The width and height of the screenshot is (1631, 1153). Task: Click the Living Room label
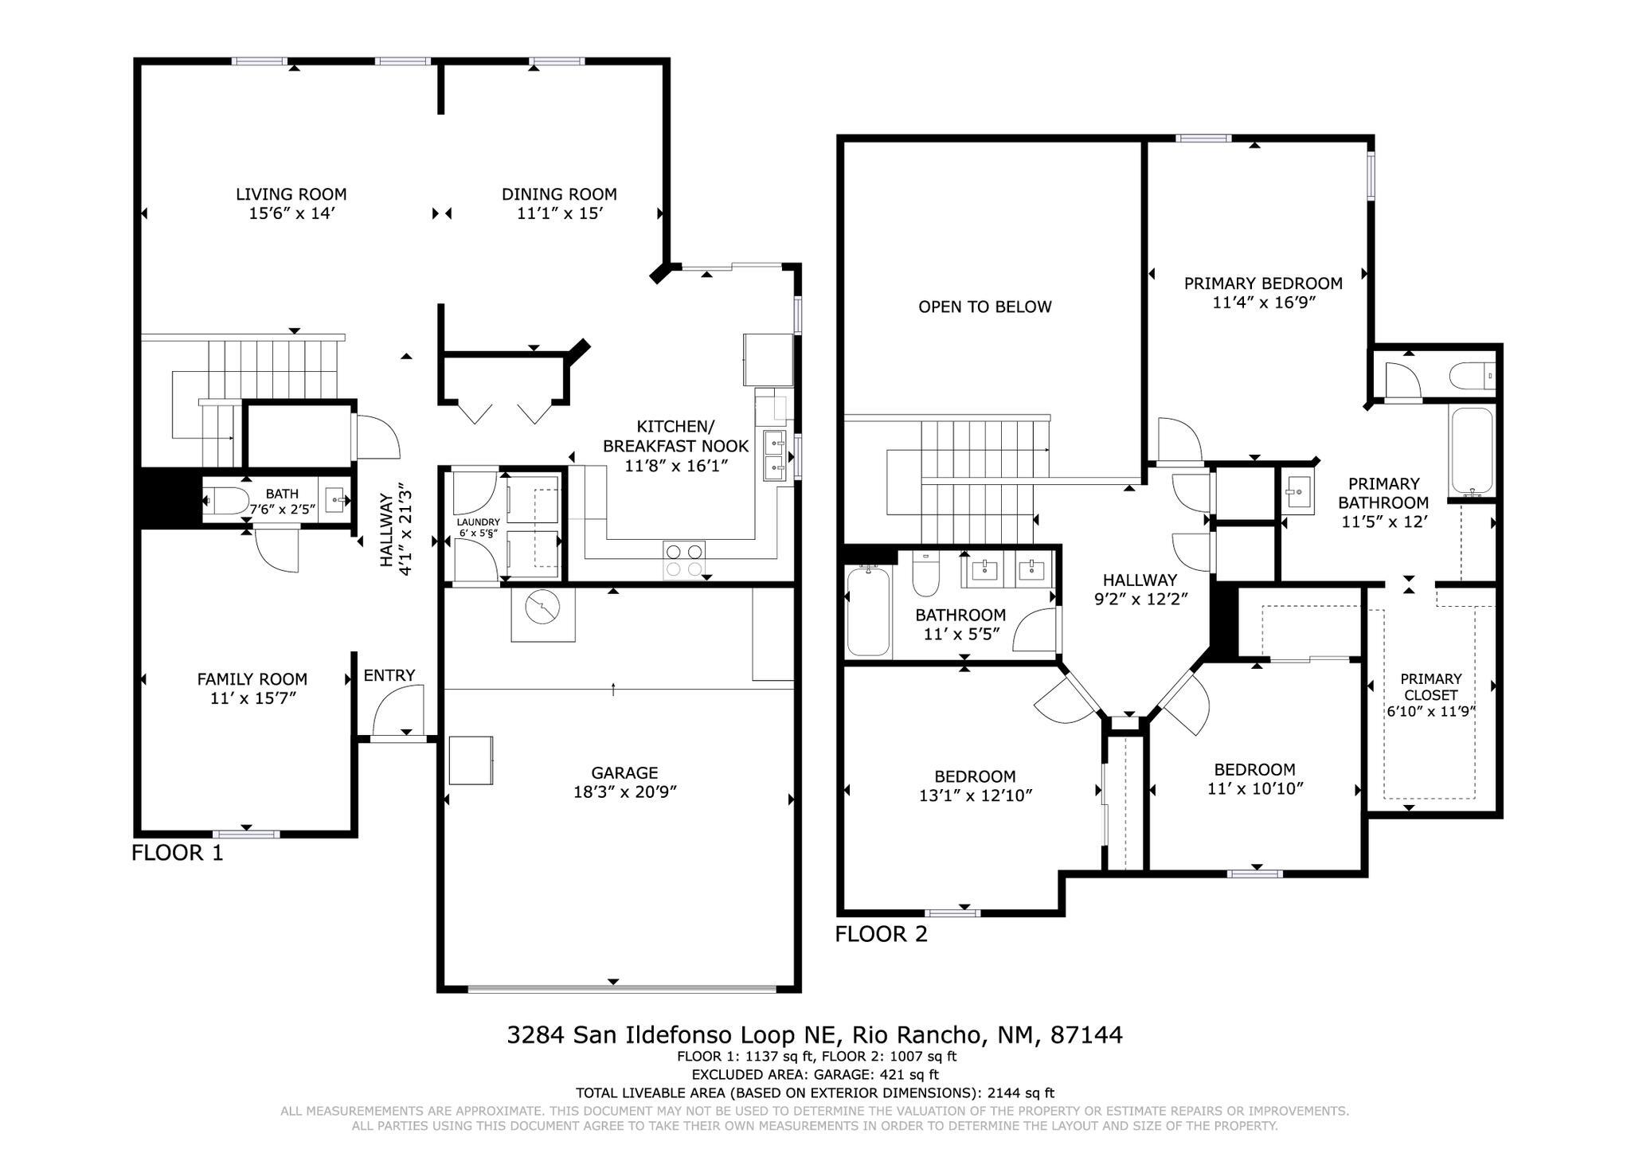[291, 194]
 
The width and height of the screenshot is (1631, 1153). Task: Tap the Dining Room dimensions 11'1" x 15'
[559, 213]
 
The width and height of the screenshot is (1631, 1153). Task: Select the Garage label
[624, 772]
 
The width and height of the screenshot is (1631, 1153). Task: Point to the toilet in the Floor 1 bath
[226, 502]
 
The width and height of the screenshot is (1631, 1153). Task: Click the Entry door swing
[396, 711]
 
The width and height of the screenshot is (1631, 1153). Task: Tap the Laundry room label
[478, 522]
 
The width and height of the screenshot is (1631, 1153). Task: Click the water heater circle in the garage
[542, 607]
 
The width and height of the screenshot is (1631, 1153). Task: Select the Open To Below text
[984, 307]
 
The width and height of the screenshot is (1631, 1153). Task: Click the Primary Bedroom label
[1262, 283]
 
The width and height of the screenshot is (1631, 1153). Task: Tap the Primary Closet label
[1430, 686]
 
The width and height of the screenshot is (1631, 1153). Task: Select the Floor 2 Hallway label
[1140, 580]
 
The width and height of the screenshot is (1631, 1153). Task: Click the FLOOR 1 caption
[177, 853]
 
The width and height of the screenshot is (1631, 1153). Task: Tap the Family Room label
[252, 679]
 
